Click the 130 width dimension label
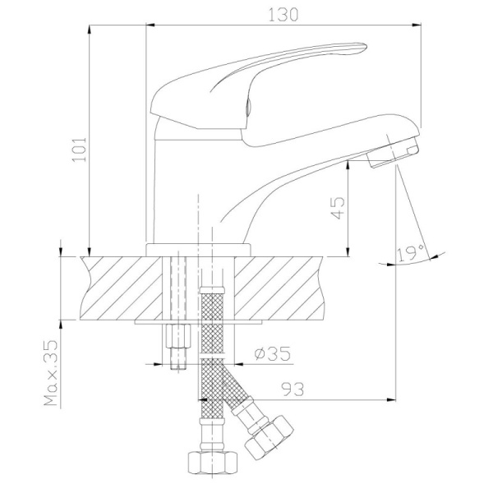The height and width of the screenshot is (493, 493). [x=283, y=15]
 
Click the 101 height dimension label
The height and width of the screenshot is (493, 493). [x=79, y=150]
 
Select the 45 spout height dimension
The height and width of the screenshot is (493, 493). [x=338, y=208]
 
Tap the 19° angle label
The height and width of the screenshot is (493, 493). [x=411, y=254]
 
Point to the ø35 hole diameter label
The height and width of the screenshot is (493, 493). [x=272, y=353]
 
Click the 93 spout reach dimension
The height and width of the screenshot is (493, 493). [x=293, y=389]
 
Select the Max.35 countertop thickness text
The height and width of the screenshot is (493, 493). [x=51, y=373]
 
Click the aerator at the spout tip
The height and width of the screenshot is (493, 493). [x=394, y=152]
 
